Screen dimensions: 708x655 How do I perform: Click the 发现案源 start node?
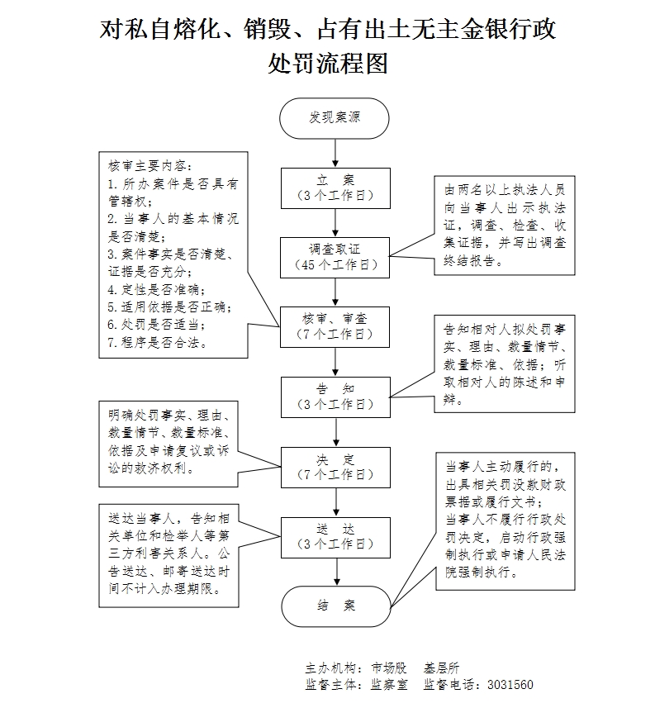pos(335,117)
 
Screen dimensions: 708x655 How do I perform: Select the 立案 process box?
pos(335,188)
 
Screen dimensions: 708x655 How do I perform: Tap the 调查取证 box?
pos(335,257)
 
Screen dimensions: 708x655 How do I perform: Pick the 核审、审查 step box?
pos(335,326)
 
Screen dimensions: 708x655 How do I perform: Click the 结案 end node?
pos(335,606)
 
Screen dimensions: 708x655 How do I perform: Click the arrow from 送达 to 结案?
pos(335,572)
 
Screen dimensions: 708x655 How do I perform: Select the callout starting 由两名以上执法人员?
pos(505,224)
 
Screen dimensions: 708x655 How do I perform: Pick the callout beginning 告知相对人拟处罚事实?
pos(505,364)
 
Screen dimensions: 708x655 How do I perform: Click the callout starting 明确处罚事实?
pos(168,440)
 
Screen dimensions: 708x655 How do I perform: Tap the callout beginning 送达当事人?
pos(168,554)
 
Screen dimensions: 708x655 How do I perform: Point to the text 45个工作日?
pos(335,265)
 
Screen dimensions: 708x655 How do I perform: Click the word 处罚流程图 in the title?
pos(328,64)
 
